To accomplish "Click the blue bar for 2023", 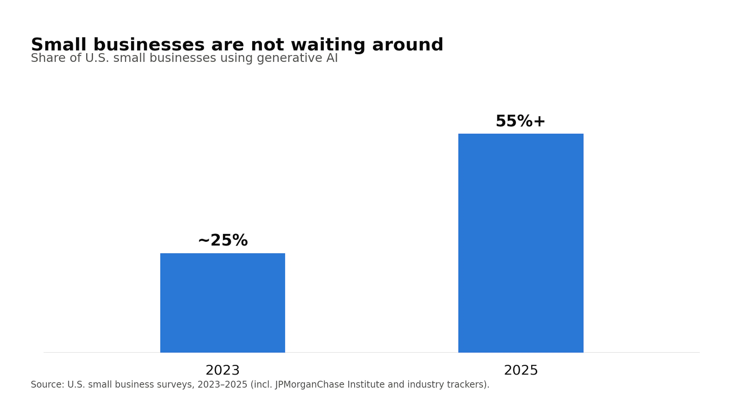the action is pyautogui.click(x=222, y=303).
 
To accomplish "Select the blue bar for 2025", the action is pyautogui.click(x=521, y=243).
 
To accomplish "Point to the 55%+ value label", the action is pyautogui.click(x=520, y=121).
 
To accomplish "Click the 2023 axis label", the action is pyautogui.click(x=222, y=370).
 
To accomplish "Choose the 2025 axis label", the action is pyautogui.click(x=521, y=370).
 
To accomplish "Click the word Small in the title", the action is pyautogui.click(x=59, y=45).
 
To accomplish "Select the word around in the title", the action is pyautogui.click(x=408, y=45).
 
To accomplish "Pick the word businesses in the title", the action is pyautogui.click(x=149, y=45).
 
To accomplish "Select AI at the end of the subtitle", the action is pyautogui.click(x=332, y=58).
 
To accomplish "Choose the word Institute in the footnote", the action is pyautogui.click(x=366, y=385).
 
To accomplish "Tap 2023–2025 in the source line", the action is pyautogui.click(x=222, y=385).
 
